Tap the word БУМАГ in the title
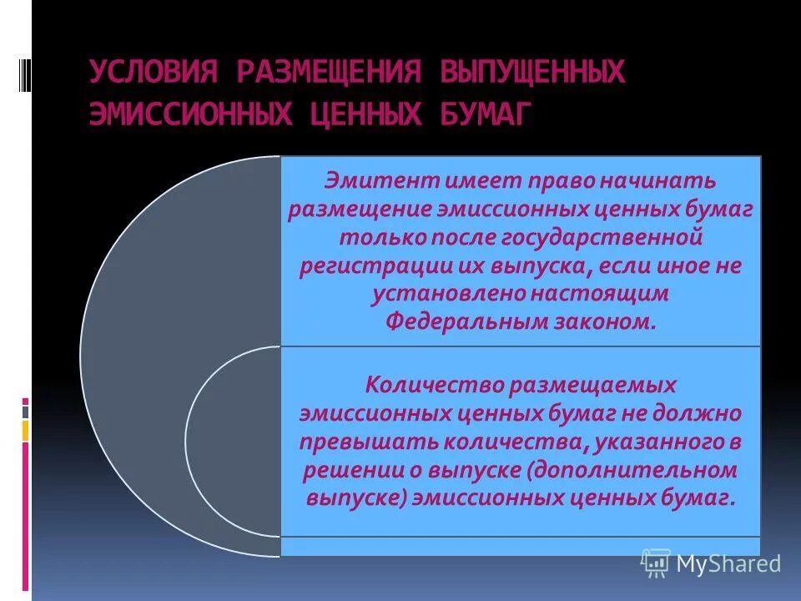click(x=483, y=114)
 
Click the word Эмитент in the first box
click(x=372, y=181)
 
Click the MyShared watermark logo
click(x=711, y=563)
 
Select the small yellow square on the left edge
click(x=26, y=430)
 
